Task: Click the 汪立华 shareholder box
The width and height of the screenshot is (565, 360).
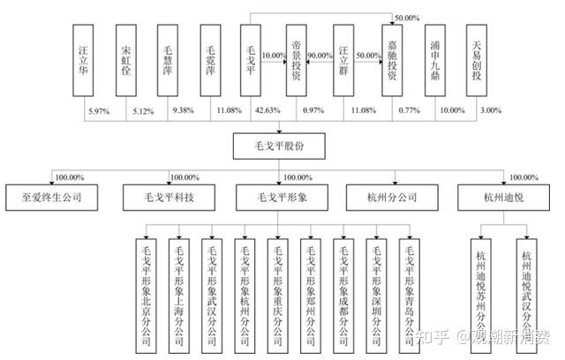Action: [86, 59]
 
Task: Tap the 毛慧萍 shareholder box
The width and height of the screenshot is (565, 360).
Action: [171, 59]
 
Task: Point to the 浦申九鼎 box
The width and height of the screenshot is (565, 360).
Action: [435, 59]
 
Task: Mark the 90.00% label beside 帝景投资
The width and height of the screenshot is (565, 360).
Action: [321, 56]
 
